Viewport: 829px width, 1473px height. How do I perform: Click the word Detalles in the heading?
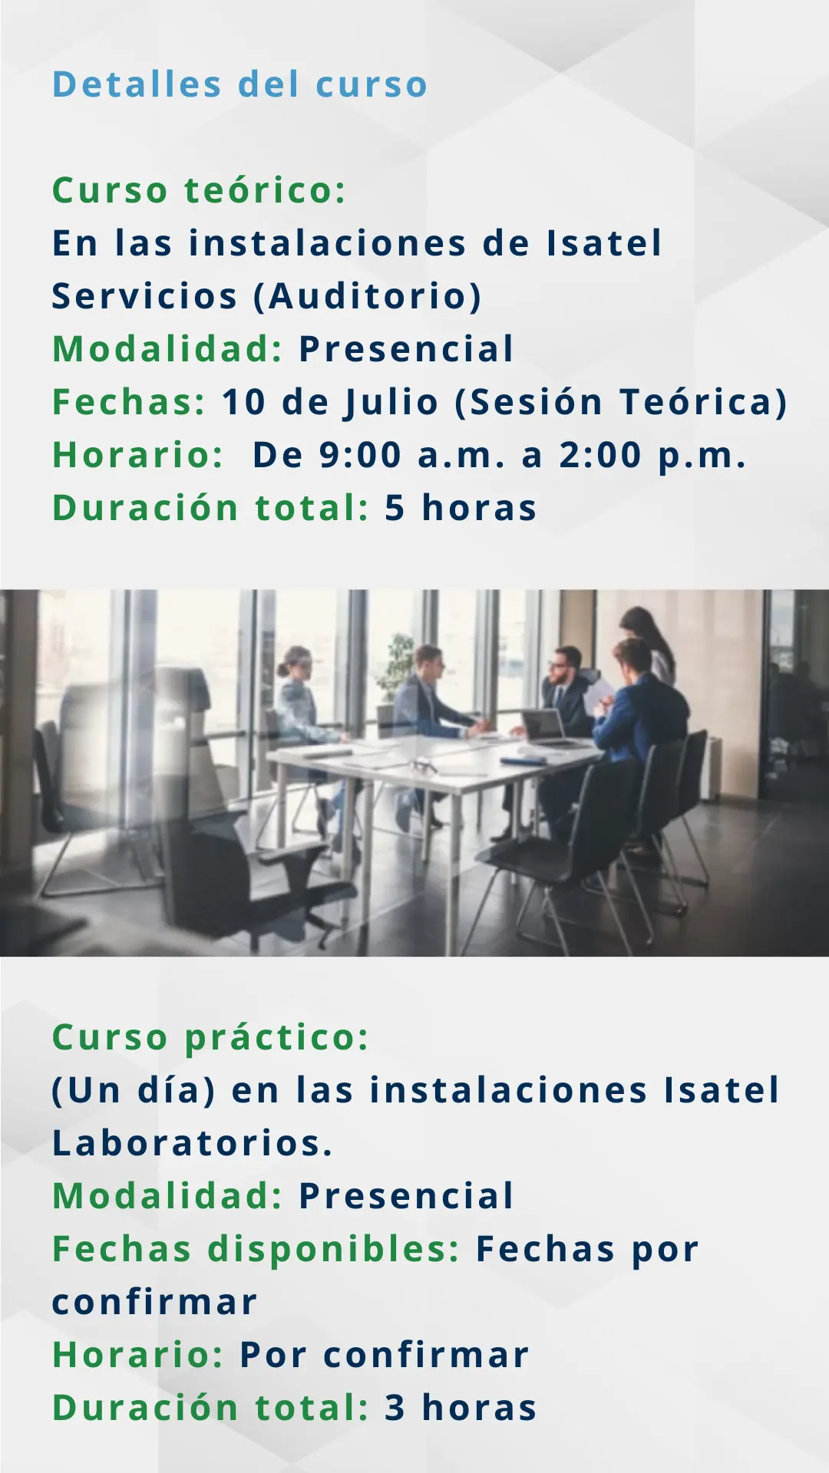point(137,84)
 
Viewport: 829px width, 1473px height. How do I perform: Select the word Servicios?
point(144,296)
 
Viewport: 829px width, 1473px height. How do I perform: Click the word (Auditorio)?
point(368,297)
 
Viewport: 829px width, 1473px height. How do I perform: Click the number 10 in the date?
point(243,403)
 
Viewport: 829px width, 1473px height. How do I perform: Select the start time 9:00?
point(360,456)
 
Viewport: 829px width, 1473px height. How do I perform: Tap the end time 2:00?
point(600,456)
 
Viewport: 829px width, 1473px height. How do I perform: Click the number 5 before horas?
point(395,509)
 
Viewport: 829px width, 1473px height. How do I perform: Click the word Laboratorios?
point(192,1143)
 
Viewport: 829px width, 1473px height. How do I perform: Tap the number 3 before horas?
point(395,1408)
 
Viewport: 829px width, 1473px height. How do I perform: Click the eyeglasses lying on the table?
point(423,765)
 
